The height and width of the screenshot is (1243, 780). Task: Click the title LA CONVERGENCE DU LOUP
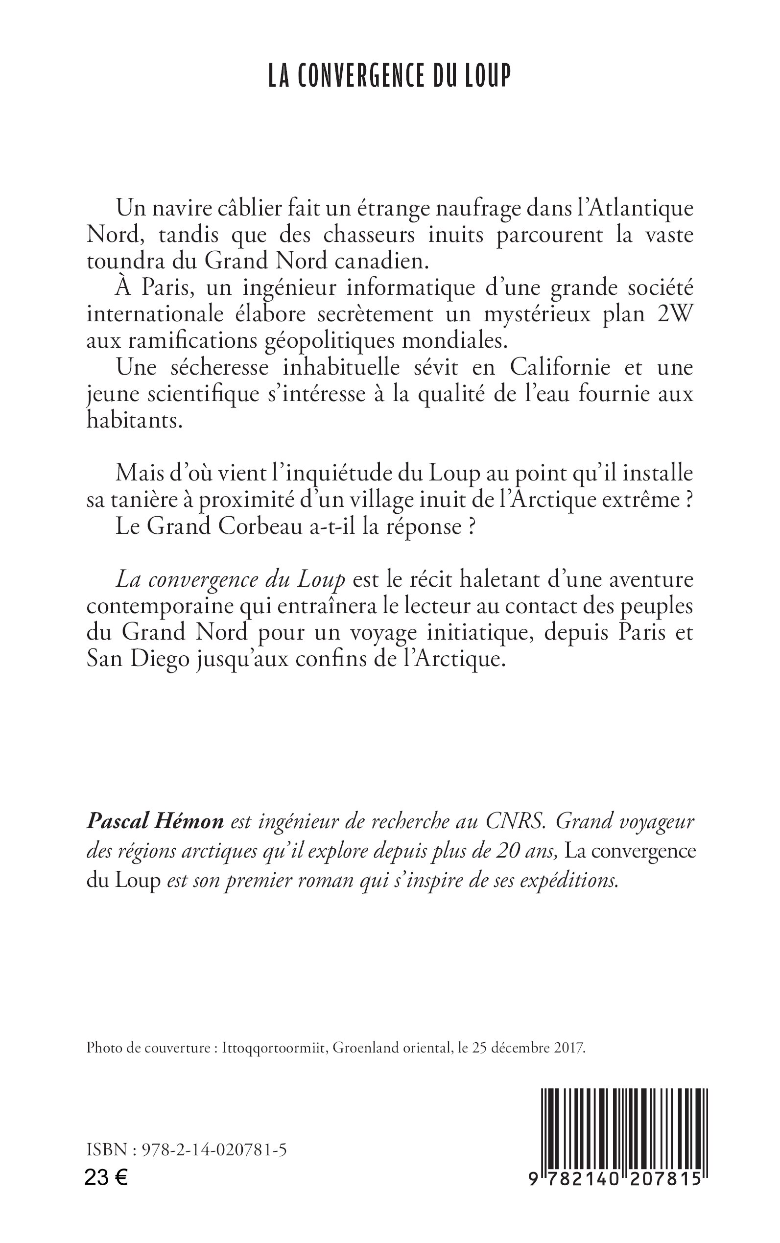point(389,75)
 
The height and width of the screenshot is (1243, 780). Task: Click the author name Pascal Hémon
point(155,822)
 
